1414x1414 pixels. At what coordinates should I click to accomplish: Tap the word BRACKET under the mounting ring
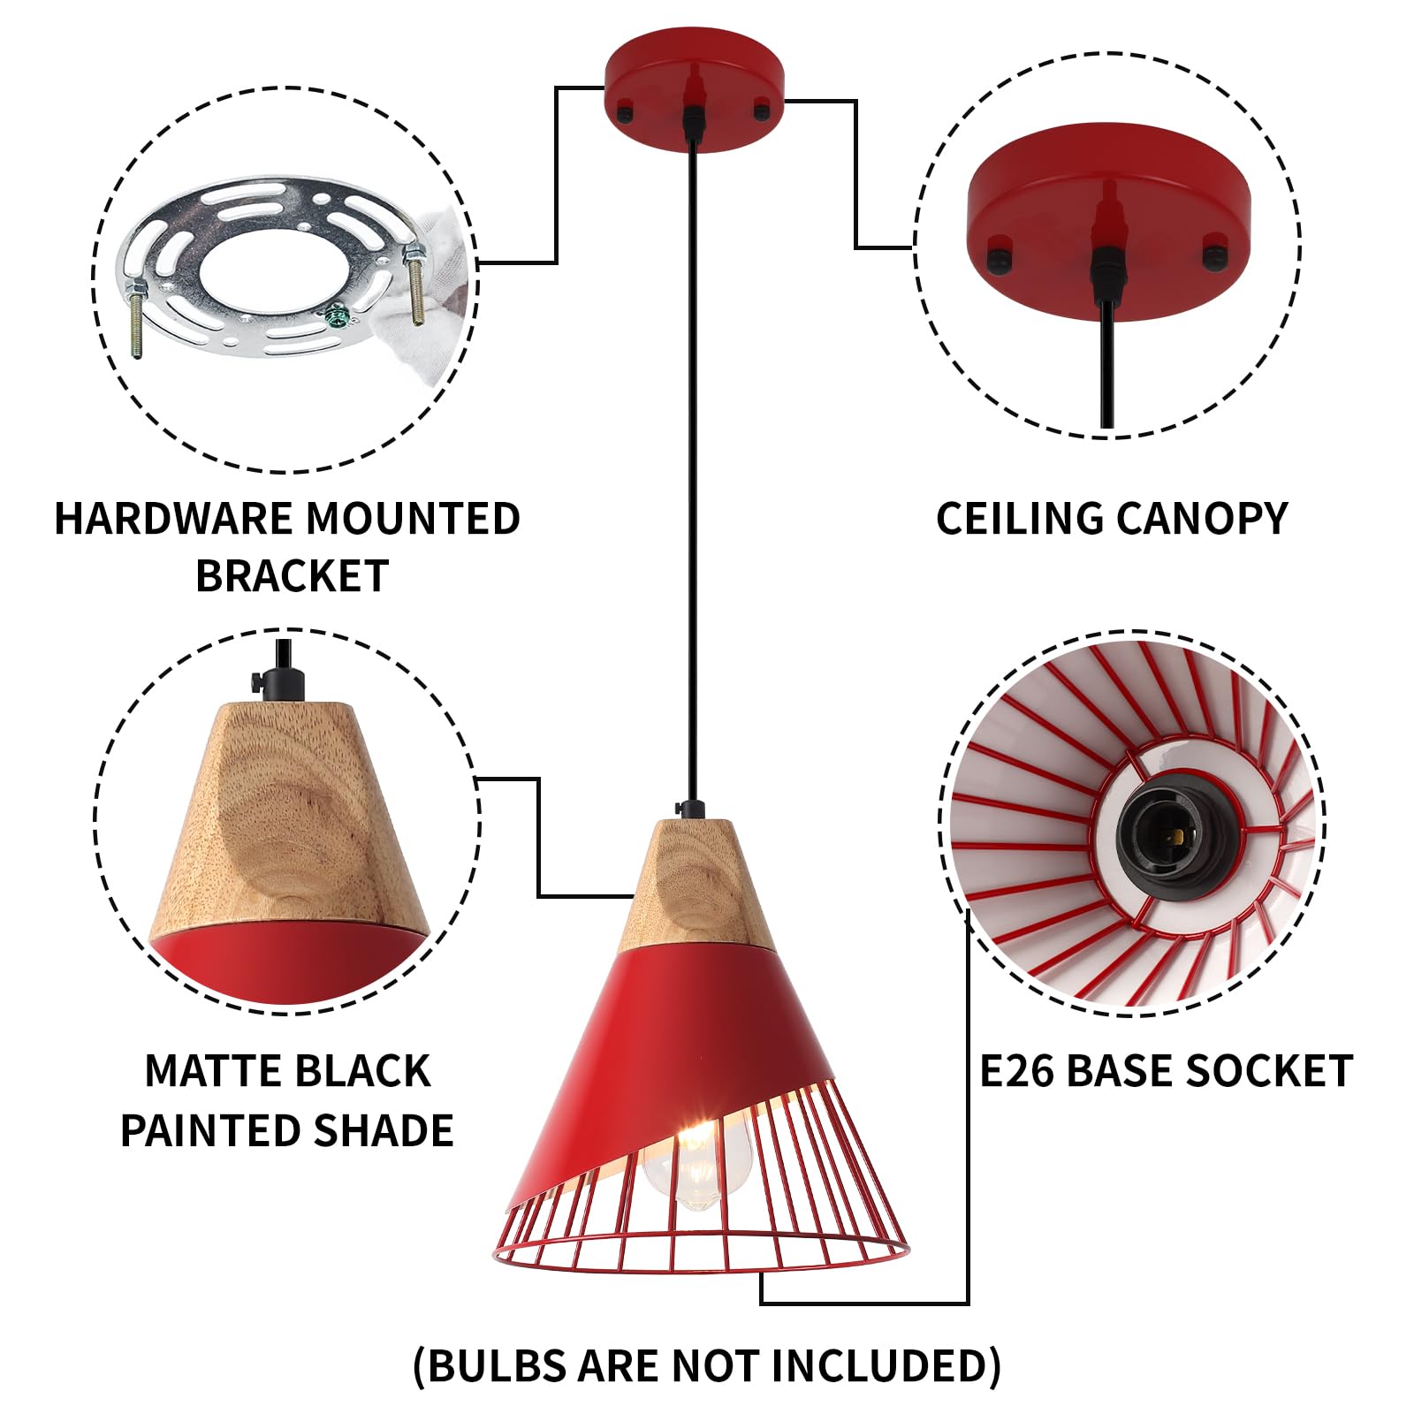tap(292, 576)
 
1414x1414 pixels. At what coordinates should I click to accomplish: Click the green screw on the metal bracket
tap(335, 312)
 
